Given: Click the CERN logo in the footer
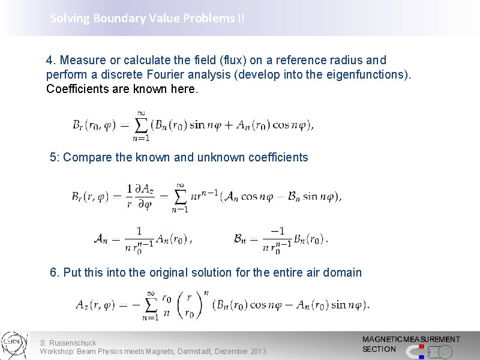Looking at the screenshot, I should [x=13, y=346].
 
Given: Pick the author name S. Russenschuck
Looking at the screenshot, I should [x=68, y=343].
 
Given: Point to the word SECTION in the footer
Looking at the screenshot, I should [x=379, y=349].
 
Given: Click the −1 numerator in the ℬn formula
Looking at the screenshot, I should [x=278, y=231].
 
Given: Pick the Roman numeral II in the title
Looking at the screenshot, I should [x=241, y=18].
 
